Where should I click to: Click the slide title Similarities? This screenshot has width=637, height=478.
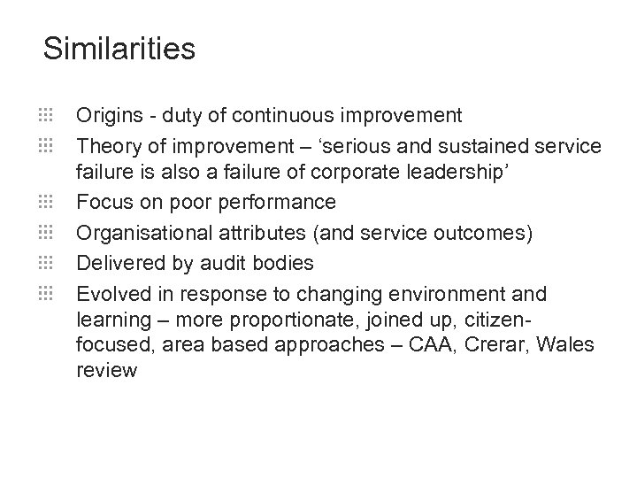119,49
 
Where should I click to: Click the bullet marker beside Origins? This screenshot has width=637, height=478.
47,114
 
